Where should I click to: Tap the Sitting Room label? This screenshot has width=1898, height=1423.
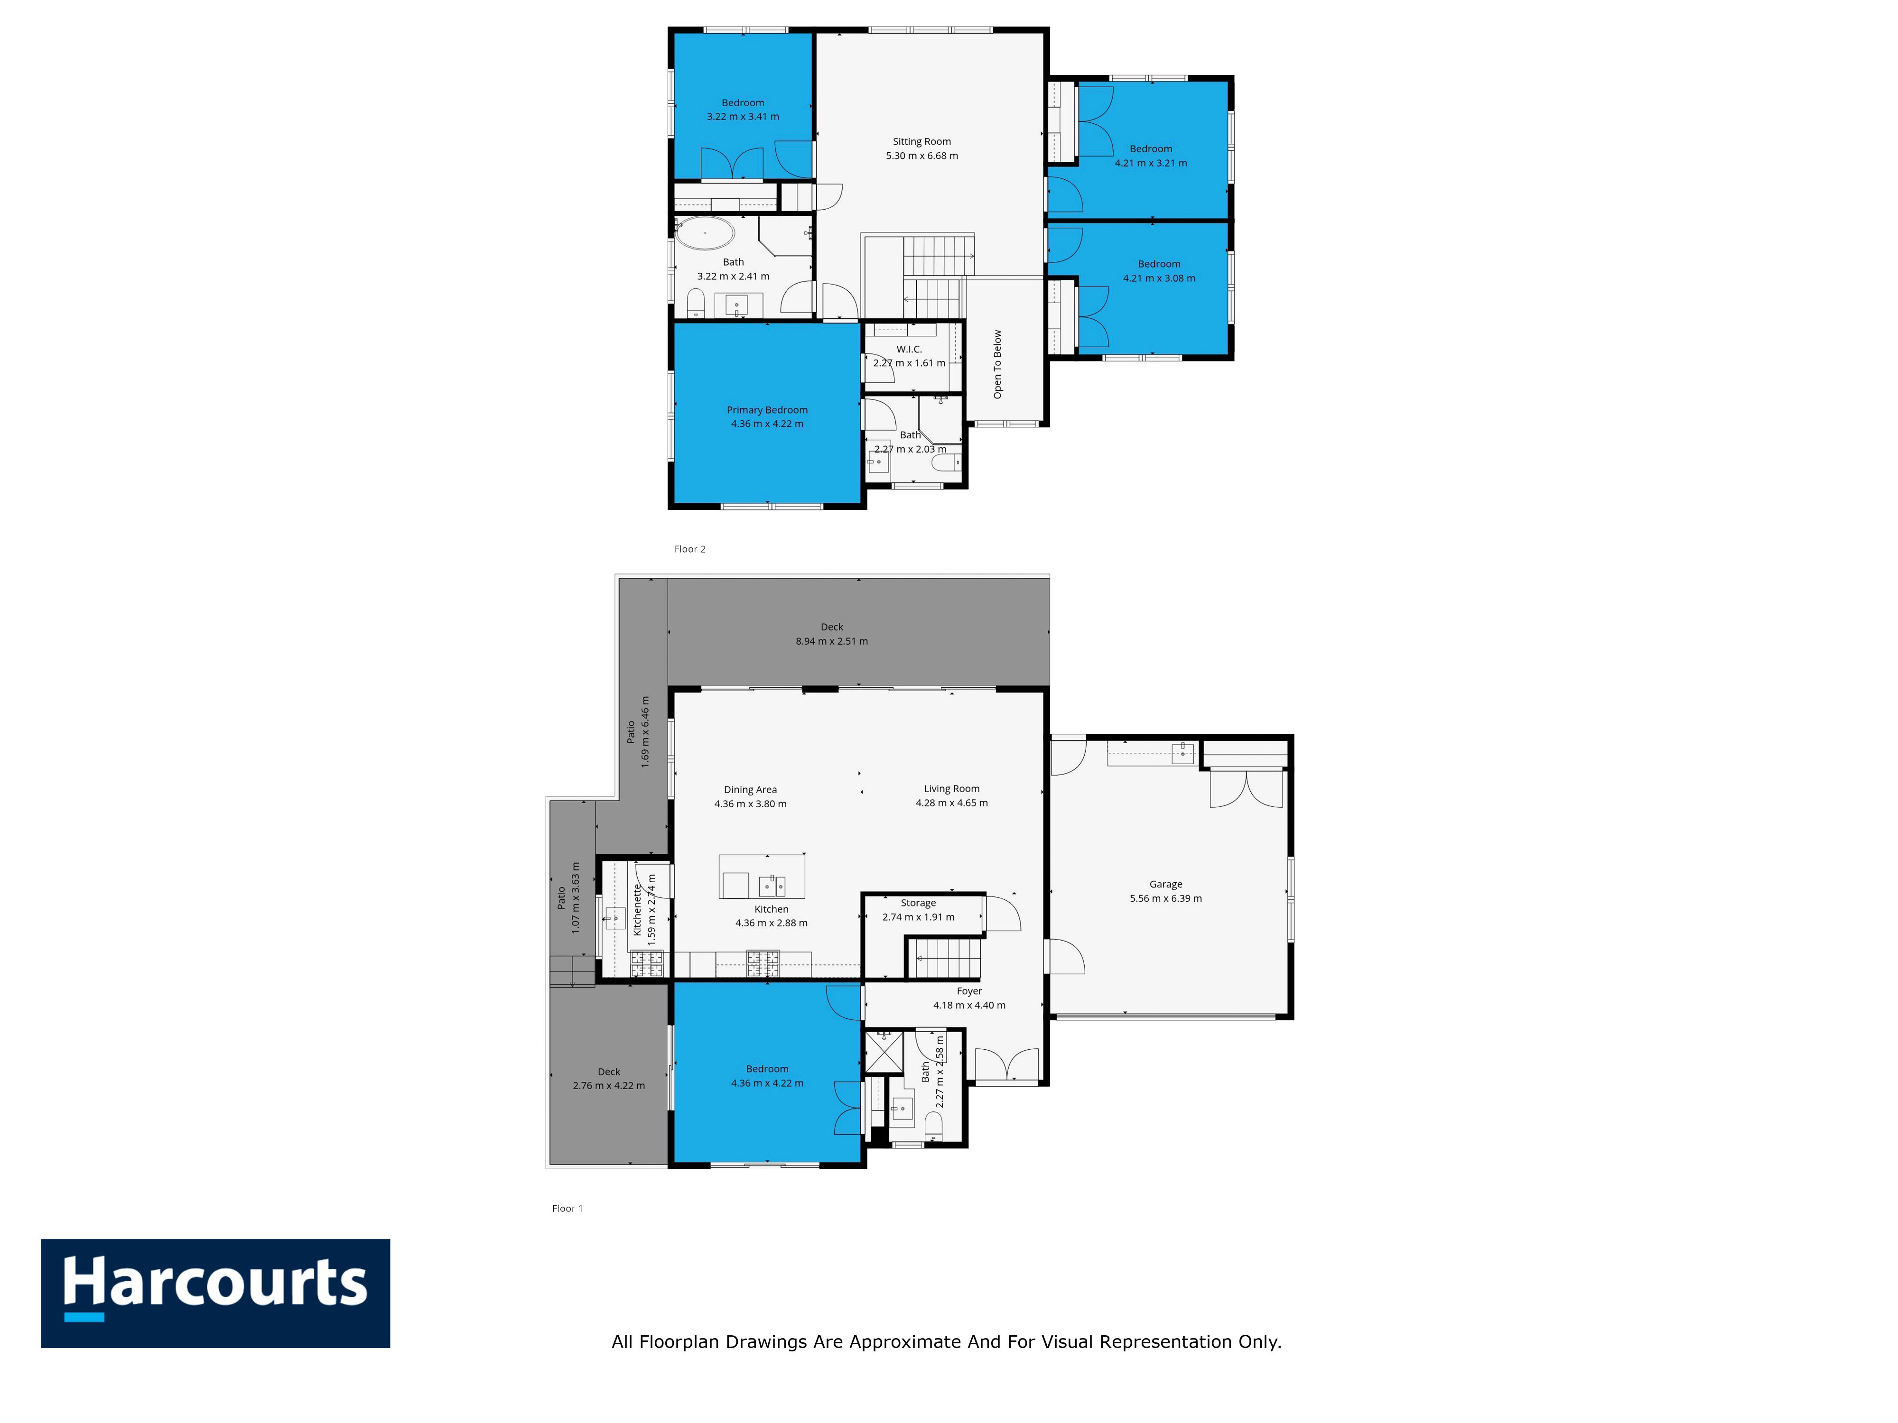pos(921,141)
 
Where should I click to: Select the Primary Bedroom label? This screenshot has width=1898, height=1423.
pos(767,410)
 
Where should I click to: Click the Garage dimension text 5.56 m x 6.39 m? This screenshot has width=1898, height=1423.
pos(1165,898)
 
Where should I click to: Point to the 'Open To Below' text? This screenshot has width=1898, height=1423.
pos(997,365)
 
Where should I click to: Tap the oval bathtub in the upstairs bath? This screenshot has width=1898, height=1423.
pos(705,232)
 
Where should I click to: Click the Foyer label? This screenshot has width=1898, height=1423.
pos(969,991)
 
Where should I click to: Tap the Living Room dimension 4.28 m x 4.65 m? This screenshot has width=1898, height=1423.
pos(951,803)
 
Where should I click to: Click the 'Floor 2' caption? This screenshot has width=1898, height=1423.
pos(690,549)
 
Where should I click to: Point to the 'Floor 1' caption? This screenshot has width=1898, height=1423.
pos(567,1209)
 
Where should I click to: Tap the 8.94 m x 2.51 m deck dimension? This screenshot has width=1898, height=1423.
pos(831,641)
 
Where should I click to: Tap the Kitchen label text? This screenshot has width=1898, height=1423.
pos(772,909)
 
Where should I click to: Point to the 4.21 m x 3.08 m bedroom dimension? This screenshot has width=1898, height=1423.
pos(1159,278)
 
